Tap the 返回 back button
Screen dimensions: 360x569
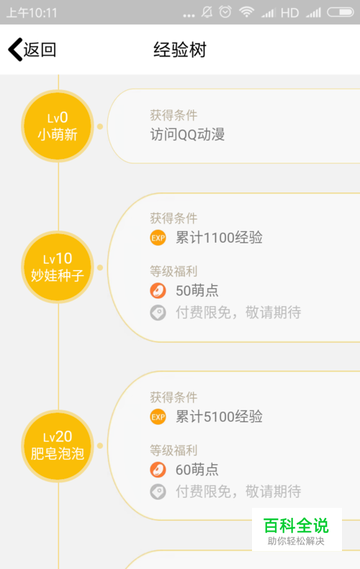point(32,50)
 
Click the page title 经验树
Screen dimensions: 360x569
point(180,50)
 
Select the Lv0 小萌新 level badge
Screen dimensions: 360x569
point(58,126)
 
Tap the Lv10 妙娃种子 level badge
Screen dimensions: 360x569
point(58,267)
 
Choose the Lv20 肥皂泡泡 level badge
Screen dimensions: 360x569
point(58,446)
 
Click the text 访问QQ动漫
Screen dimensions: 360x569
point(188,135)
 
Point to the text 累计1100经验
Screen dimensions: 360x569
point(219,238)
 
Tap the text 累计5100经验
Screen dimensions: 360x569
point(219,416)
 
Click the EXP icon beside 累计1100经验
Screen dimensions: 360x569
point(158,238)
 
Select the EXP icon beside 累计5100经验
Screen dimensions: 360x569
point(158,417)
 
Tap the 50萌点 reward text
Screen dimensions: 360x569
point(197,291)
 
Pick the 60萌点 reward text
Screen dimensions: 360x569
point(197,470)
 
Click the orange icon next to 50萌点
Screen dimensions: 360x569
point(158,291)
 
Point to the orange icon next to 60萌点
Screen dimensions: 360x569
point(158,470)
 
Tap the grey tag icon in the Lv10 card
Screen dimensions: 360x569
point(158,313)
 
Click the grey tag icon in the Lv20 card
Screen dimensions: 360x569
point(158,492)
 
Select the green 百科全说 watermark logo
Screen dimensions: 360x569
point(297,529)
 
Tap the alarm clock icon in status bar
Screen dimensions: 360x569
point(225,12)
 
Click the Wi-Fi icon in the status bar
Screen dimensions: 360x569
point(246,12)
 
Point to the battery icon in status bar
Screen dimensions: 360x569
point(341,12)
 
